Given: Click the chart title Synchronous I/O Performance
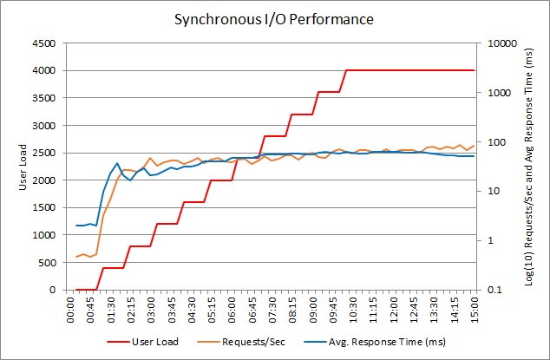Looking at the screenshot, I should click(274, 18).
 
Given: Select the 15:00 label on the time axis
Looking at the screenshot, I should click(474, 309).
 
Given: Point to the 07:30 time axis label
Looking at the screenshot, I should click(273, 309).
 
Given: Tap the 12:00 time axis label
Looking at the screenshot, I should click(394, 309).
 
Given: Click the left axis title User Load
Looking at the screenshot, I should click(23, 166).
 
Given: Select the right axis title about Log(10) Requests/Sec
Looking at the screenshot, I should click(528, 166).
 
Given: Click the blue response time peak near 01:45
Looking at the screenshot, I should click(117, 163).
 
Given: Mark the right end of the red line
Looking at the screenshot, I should click(474, 70).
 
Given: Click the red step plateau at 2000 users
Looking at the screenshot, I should click(220, 180).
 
